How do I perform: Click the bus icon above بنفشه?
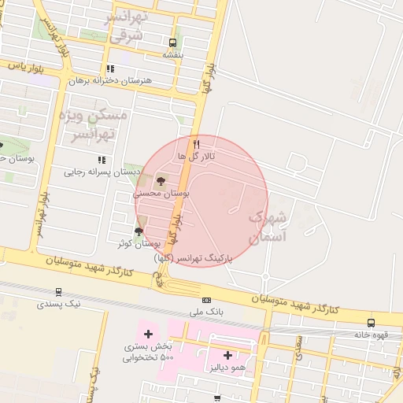coord(172,43)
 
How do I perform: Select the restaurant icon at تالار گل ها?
coord(197,144)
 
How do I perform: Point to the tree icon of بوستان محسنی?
coord(161,180)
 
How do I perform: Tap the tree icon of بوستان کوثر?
coord(139,231)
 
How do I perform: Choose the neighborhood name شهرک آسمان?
coord(268,225)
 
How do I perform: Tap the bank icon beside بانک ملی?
coord(207,300)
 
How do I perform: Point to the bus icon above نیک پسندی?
coord(59,290)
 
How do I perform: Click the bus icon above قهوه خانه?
coord(371,322)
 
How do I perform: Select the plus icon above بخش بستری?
coord(148,335)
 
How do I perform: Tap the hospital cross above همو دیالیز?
coord(227,356)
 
